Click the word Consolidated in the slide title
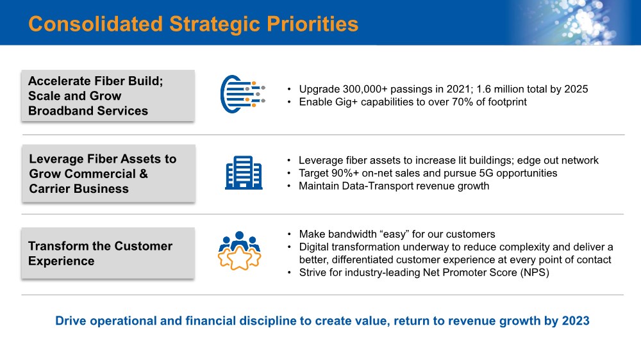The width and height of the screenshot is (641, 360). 96,24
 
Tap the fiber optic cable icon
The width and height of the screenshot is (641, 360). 243,94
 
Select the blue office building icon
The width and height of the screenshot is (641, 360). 244,172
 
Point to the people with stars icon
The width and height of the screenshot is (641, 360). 240,250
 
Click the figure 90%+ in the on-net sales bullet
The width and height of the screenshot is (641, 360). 345,173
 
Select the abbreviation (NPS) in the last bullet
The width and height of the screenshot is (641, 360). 535,272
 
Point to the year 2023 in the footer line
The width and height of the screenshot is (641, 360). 576,321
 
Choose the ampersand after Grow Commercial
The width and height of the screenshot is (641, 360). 144,174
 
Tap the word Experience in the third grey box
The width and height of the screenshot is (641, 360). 62,261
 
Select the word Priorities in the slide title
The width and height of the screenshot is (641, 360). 312,24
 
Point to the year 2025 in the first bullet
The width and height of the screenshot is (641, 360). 576,89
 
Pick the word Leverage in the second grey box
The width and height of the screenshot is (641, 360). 56,159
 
